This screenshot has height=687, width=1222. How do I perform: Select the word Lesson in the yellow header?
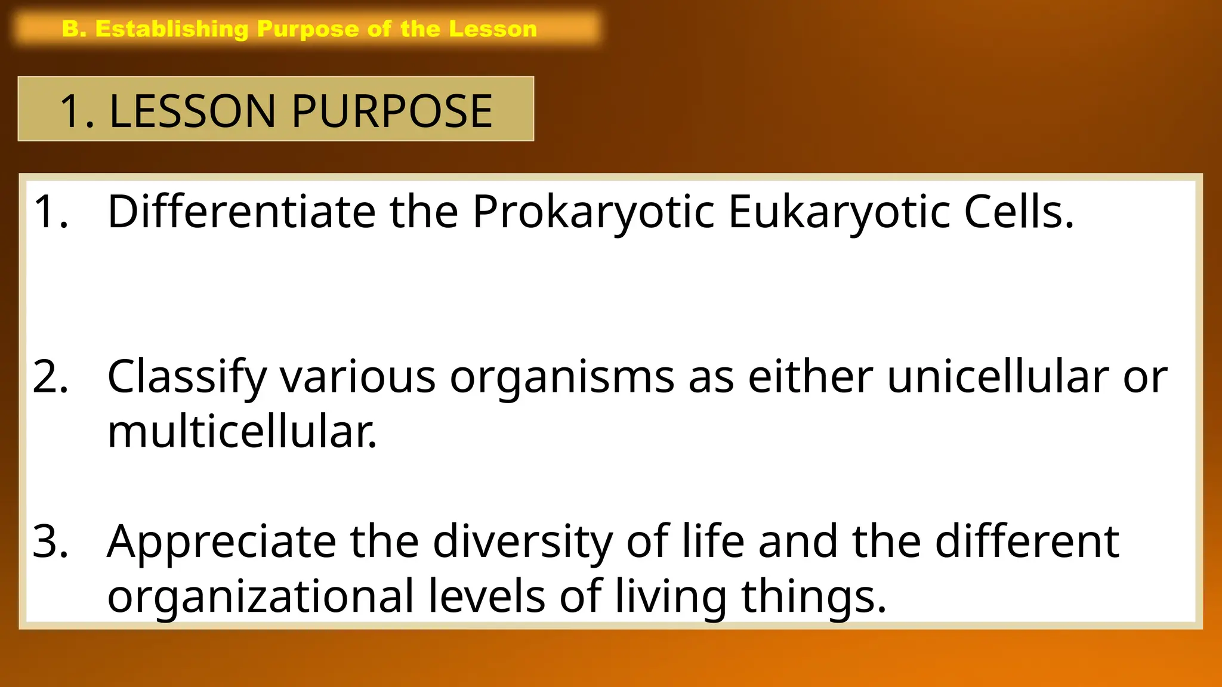coord(493,29)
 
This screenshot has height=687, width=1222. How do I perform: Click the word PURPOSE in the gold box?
coord(392,112)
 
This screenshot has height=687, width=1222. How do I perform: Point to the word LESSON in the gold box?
coord(192,112)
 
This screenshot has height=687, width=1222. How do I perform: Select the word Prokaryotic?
coord(593,212)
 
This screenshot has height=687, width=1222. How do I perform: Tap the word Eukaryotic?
coord(838,212)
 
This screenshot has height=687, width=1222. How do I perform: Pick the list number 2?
coord(50,377)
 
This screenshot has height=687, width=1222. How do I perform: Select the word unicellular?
coord(998,377)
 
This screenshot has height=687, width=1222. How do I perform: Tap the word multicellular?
coord(241,432)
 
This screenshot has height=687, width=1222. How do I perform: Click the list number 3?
coord(50,541)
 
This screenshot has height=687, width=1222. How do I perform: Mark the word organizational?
coord(260,596)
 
